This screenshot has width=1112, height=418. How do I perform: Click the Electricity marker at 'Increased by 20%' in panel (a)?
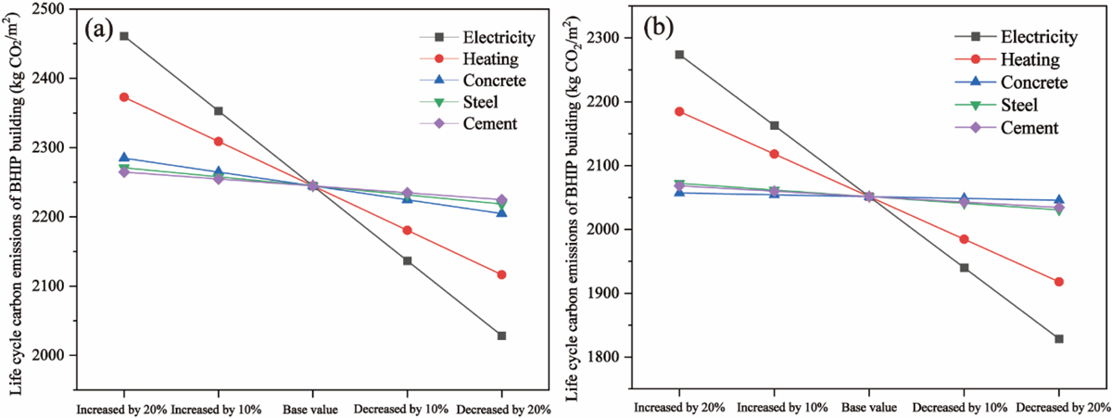pos(123,36)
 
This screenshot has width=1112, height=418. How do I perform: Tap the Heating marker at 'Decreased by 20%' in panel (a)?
pos(501,274)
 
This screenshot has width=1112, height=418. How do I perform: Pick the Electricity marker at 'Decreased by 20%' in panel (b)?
pos(1059,338)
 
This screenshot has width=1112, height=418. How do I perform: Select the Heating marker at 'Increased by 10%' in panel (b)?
pos(775,154)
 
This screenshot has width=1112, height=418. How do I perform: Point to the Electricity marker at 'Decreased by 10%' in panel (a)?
pos(407,260)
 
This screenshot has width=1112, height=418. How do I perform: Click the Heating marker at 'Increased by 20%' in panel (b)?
pos(679,111)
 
